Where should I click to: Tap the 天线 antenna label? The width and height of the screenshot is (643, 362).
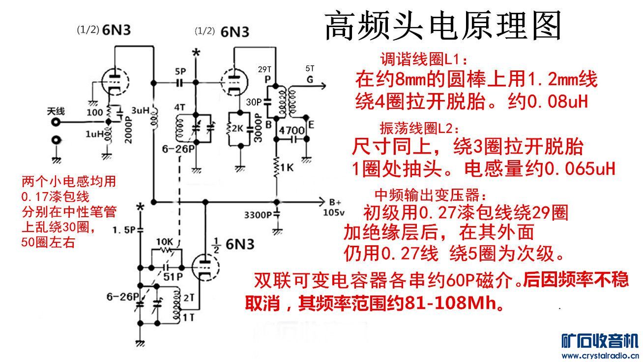click(56, 111)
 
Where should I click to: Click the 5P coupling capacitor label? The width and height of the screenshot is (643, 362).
click(180, 71)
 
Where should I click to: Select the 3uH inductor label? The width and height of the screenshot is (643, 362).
click(141, 110)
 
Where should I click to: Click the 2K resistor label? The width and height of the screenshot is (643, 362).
click(237, 129)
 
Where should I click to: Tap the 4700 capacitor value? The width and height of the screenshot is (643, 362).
click(292, 130)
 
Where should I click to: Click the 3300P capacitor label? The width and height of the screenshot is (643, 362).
click(258, 215)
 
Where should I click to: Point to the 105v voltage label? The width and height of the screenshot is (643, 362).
click(334, 212)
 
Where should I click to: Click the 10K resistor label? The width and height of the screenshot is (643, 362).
click(165, 242)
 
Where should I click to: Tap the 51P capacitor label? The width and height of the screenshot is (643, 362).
click(173, 277)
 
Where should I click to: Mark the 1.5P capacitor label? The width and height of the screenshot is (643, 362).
click(124, 230)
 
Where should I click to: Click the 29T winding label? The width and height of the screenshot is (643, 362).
click(264, 69)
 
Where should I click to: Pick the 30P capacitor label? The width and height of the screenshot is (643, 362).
click(254, 102)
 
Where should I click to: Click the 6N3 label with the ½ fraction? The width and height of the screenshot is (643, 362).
click(234, 245)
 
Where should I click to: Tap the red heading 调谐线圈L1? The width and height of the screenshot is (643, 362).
click(423, 60)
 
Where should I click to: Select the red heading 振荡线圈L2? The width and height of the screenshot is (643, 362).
click(420, 128)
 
